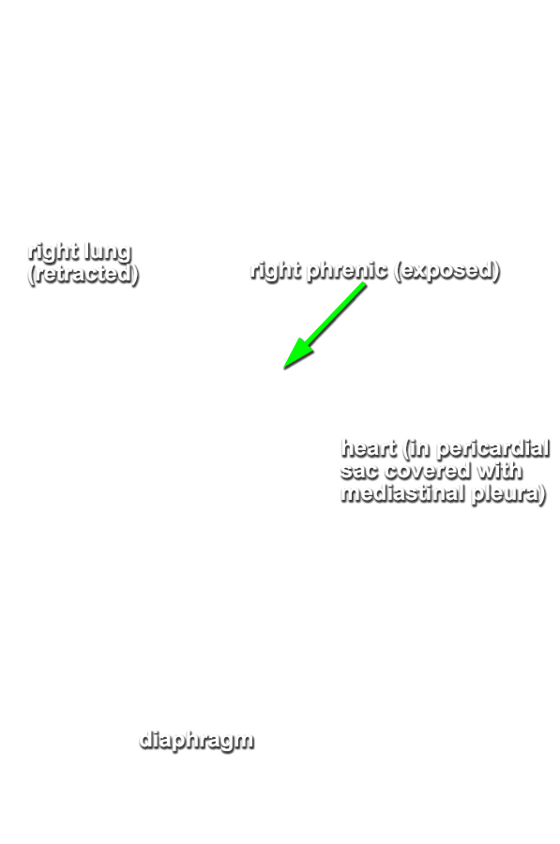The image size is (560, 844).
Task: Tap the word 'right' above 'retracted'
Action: click(52, 251)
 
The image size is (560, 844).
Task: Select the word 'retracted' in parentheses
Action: click(83, 274)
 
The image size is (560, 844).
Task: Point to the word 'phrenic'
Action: click(346, 270)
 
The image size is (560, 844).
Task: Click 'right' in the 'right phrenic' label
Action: click(275, 270)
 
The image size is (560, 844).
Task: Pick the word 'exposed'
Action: click(446, 270)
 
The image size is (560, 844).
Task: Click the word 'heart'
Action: click(369, 448)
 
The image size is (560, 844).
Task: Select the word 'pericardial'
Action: click(492, 448)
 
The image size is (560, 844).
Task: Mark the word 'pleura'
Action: click(505, 494)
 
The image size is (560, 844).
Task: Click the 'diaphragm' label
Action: click(196, 741)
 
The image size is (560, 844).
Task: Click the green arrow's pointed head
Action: click(284, 369)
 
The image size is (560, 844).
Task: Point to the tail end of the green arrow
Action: click(364, 284)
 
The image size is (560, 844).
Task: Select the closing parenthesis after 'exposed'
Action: click(495, 271)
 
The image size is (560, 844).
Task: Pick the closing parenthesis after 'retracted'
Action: click(136, 274)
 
